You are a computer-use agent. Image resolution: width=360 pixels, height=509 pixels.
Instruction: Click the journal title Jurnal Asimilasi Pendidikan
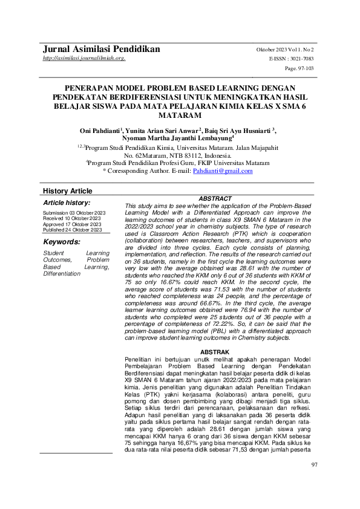pyautogui.click(x=101, y=48)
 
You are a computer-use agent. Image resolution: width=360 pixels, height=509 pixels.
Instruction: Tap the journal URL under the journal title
pyautogui.click(x=84, y=58)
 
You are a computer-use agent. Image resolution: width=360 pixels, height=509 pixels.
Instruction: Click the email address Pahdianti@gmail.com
pyautogui.click(x=223, y=171)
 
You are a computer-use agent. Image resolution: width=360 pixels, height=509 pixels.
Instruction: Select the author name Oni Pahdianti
pyautogui.click(x=100, y=130)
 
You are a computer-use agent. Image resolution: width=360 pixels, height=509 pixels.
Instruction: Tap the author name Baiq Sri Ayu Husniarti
pyautogui.click(x=237, y=130)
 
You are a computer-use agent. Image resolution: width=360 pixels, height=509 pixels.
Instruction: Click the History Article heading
pyautogui.click(x=67, y=191)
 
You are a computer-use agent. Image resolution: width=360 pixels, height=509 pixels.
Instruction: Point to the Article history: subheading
pyautogui.click(x=67, y=203)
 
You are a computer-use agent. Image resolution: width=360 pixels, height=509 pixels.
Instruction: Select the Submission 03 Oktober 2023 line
pyautogui.click(x=74, y=214)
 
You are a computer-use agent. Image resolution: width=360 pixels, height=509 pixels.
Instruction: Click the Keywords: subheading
pyautogui.click(x=62, y=242)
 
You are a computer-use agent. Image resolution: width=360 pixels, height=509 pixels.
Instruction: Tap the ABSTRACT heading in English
pyautogui.click(x=215, y=199)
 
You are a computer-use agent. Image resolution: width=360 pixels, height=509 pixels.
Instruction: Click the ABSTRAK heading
pyautogui.click(x=215, y=352)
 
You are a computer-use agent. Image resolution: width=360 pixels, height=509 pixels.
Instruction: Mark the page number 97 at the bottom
pyautogui.click(x=314, y=481)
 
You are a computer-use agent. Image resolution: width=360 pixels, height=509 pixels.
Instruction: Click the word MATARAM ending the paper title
pyautogui.click(x=180, y=115)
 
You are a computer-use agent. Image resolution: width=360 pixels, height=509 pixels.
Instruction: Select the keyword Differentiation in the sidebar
pyautogui.click(x=62, y=273)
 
